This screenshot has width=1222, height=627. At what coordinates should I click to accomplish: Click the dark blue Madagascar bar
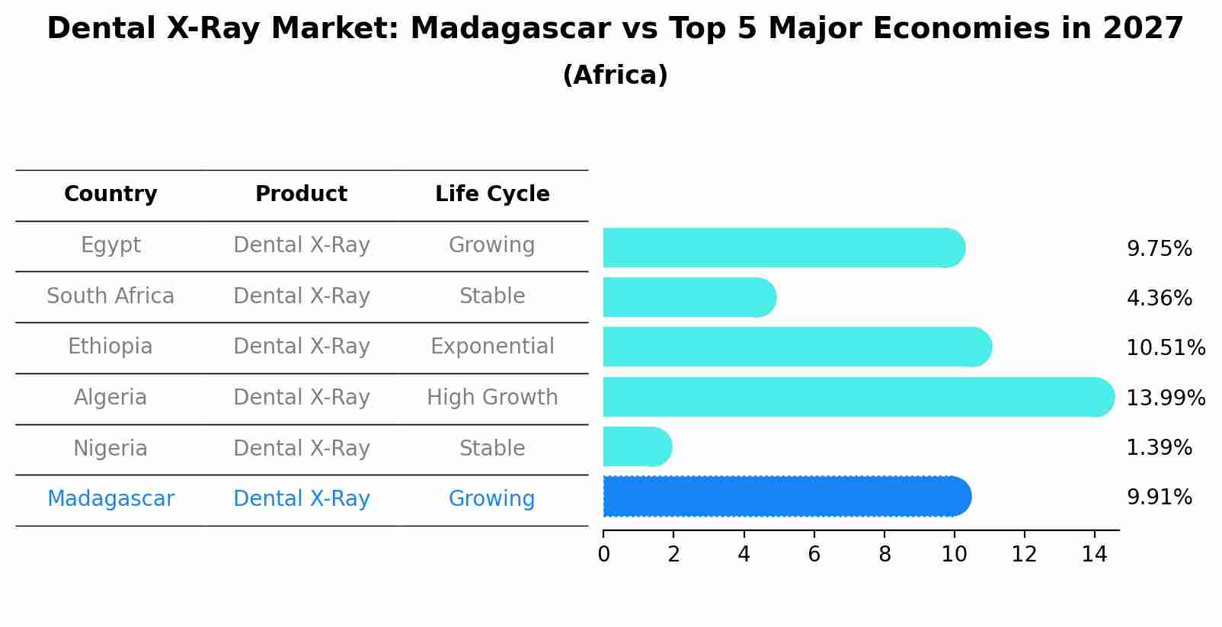[x=785, y=497]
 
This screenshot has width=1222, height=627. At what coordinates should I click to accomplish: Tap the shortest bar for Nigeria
[x=636, y=447]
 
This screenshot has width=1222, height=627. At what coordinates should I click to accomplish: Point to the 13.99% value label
[x=1166, y=398]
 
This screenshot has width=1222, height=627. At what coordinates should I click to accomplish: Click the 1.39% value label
[x=1159, y=447]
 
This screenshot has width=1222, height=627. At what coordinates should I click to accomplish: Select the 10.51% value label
[x=1166, y=347]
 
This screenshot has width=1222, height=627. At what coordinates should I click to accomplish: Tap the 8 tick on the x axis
[x=884, y=554]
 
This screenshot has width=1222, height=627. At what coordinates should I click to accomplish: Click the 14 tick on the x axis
[x=1094, y=554]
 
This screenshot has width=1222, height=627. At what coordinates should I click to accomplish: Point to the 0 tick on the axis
[x=603, y=554]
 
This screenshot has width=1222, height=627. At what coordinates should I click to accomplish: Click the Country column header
[x=110, y=194]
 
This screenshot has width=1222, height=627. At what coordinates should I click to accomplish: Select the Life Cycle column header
[x=492, y=194]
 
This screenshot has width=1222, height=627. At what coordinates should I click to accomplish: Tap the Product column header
[x=301, y=194]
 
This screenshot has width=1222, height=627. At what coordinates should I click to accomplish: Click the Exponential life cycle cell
[x=492, y=347]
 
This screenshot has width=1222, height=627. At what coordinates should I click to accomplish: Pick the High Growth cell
[x=492, y=398]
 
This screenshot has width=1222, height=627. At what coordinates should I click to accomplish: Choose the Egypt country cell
[x=110, y=245]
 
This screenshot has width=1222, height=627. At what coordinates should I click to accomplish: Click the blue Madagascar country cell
[x=110, y=499]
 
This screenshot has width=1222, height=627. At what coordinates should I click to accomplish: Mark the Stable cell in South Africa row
[x=492, y=296]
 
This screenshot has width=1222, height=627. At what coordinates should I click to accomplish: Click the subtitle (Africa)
[x=615, y=75]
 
